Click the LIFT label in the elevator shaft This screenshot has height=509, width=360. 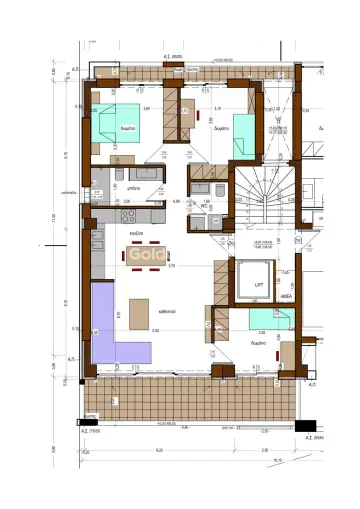tap(258, 285)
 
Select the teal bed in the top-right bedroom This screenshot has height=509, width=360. tap(245, 137)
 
